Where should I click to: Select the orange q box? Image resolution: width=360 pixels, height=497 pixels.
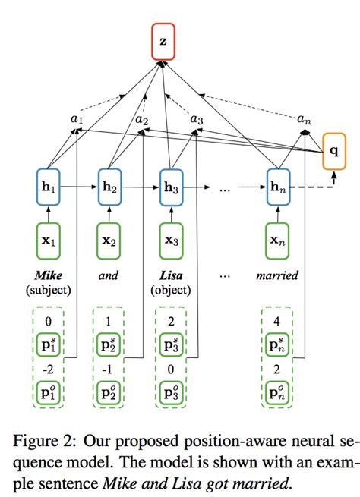(335, 151)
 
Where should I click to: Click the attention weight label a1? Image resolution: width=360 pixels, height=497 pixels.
(77, 119)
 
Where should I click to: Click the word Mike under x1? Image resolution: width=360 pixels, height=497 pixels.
(48, 276)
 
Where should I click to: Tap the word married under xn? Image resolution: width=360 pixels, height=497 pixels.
(279, 276)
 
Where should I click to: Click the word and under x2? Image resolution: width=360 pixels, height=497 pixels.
(109, 276)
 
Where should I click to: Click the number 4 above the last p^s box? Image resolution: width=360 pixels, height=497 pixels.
(278, 321)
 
